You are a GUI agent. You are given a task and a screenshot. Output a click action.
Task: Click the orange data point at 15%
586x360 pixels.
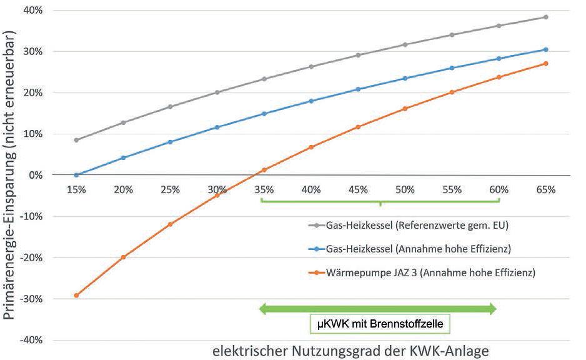(x=76, y=295)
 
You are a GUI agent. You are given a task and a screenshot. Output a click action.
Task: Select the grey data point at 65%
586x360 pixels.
(x=545, y=17)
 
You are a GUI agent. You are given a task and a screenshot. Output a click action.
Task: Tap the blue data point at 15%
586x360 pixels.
(x=76, y=175)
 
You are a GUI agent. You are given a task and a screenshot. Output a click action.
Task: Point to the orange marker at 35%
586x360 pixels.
(x=264, y=170)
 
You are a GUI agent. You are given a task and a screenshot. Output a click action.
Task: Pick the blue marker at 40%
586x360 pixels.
(x=311, y=101)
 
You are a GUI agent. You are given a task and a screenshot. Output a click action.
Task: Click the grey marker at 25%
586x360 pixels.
(x=170, y=107)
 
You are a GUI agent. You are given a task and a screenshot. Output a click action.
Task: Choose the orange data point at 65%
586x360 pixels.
(x=545, y=63)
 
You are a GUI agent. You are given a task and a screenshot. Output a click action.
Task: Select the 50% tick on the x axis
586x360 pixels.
(x=405, y=189)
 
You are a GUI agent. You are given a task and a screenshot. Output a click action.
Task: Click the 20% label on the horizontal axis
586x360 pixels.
(x=123, y=189)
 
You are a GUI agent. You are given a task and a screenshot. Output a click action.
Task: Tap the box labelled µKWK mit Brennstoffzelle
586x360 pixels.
(x=380, y=324)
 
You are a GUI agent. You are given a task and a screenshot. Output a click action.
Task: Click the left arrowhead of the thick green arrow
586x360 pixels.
(x=264, y=308)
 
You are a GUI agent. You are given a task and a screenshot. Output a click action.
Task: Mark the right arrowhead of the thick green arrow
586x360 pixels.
(x=493, y=308)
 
